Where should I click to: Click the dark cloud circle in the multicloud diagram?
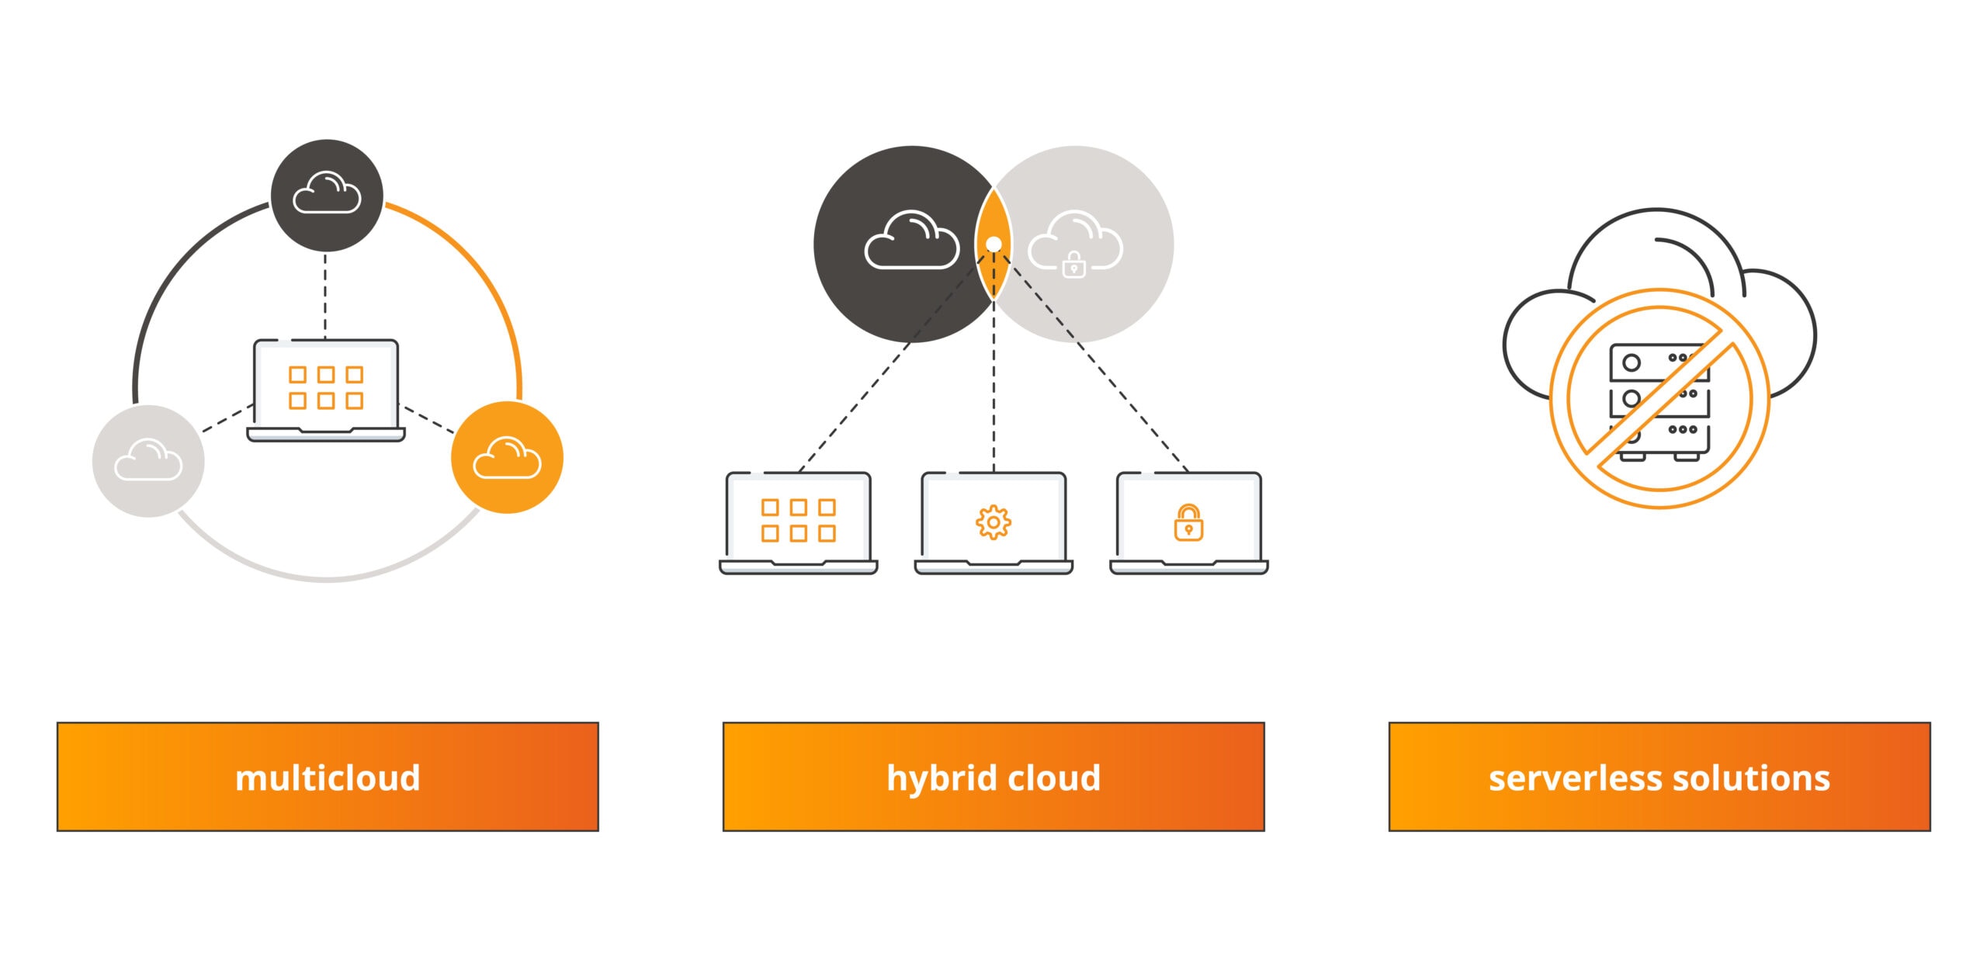pyautogui.click(x=326, y=195)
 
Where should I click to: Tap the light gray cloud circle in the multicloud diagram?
pyautogui.click(x=148, y=461)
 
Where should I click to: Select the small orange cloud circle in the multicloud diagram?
pyautogui.click(x=507, y=457)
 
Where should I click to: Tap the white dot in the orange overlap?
pyautogui.click(x=993, y=244)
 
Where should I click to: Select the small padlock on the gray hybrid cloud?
pyautogui.click(x=1073, y=265)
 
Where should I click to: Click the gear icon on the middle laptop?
pyautogui.click(x=993, y=522)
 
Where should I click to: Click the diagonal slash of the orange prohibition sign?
pyautogui.click(x=1660, y=399)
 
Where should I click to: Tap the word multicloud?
pyautogui.click(x=328, y=778)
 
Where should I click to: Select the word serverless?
pyautogui.click(x=1575, y=778)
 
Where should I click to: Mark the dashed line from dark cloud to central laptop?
pyautogui.click(x=325, y=295)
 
